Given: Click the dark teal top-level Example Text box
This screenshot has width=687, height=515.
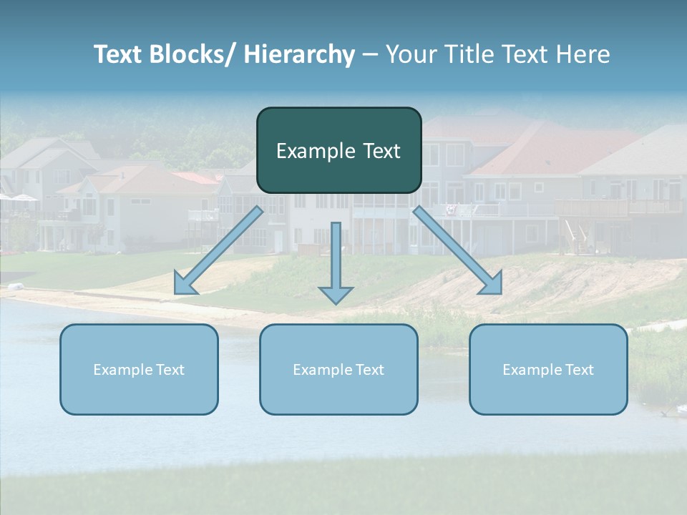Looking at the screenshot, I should pos(338,150).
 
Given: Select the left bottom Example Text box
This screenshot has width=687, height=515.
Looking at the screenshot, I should pos(139,369).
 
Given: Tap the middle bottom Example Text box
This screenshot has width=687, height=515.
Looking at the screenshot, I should pos(338,369).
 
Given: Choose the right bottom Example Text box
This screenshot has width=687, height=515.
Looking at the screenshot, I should pos(548,369).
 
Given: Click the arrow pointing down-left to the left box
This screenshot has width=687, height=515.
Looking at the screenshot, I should pos(219,250).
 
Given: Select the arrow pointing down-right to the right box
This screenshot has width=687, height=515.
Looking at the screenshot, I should pos(457,250).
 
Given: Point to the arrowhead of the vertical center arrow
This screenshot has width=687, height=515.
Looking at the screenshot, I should pos(336,294).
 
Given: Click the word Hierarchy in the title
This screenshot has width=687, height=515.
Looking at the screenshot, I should pos(299,54).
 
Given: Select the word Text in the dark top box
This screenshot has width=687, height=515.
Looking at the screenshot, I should pos(380,151).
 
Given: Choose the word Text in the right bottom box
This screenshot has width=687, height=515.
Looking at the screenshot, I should pos(578,370).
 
